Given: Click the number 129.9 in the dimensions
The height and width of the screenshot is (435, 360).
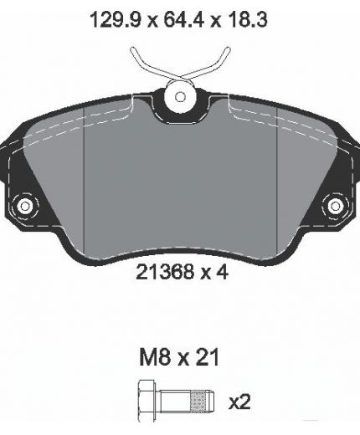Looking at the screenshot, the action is point(116,20).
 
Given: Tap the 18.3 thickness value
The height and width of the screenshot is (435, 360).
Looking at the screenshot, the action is point(247,20).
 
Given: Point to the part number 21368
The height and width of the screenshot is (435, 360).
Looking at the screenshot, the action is point(165,272).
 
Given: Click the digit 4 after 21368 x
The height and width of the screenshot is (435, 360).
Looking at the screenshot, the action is point(222,272).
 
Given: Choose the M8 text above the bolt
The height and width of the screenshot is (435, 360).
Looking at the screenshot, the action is point(155,357).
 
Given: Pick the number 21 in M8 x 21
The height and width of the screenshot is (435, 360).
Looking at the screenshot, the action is point(208,357).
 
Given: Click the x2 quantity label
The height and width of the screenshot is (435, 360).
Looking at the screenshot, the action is point(239,402).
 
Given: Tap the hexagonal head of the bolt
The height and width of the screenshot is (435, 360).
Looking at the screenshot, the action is point(147,401).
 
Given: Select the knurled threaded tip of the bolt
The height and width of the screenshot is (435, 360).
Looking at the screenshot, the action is point(202,402).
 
